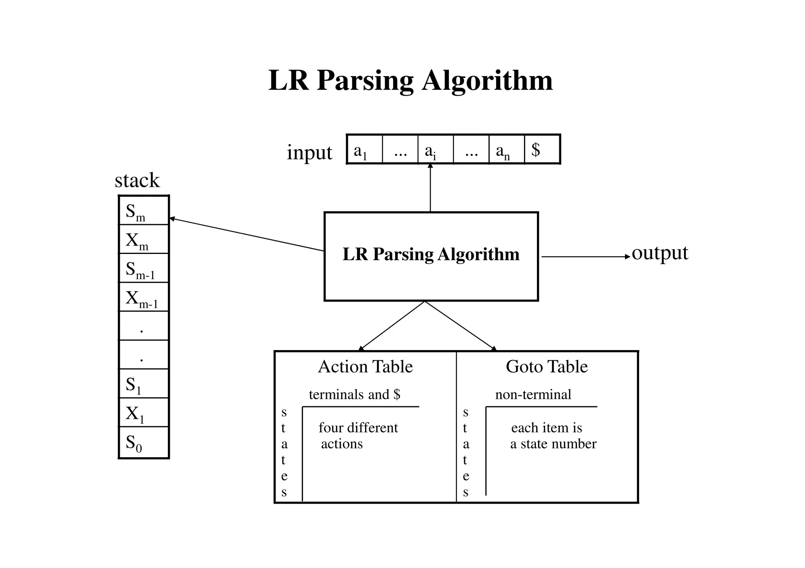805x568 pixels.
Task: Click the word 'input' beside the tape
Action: pos(309,153)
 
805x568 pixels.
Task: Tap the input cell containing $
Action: pos(542,150)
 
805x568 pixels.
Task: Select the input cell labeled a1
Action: pos(364,150)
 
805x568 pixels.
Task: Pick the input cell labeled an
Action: pos(506,150)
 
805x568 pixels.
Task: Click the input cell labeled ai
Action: pos(435,150)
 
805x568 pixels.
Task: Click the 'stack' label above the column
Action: pos(137,181)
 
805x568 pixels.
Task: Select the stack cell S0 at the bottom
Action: pos(143,442)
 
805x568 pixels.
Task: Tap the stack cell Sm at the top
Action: pos(143,211)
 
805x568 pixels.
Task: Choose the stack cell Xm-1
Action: pos(143,297)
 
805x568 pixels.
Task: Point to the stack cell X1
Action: pos(143,413)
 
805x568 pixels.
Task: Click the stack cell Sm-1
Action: pos(143,268)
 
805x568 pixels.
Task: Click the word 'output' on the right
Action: pos(660,253)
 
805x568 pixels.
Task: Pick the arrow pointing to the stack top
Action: pos(246,234)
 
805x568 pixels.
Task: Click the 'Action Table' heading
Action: pos(365,367)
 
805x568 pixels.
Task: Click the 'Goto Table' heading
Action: pos(546,367)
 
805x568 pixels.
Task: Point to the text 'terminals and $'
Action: pos(354,394)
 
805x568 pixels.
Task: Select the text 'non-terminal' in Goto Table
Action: pos(533,394)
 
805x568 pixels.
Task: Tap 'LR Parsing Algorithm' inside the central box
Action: pos(431,254)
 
